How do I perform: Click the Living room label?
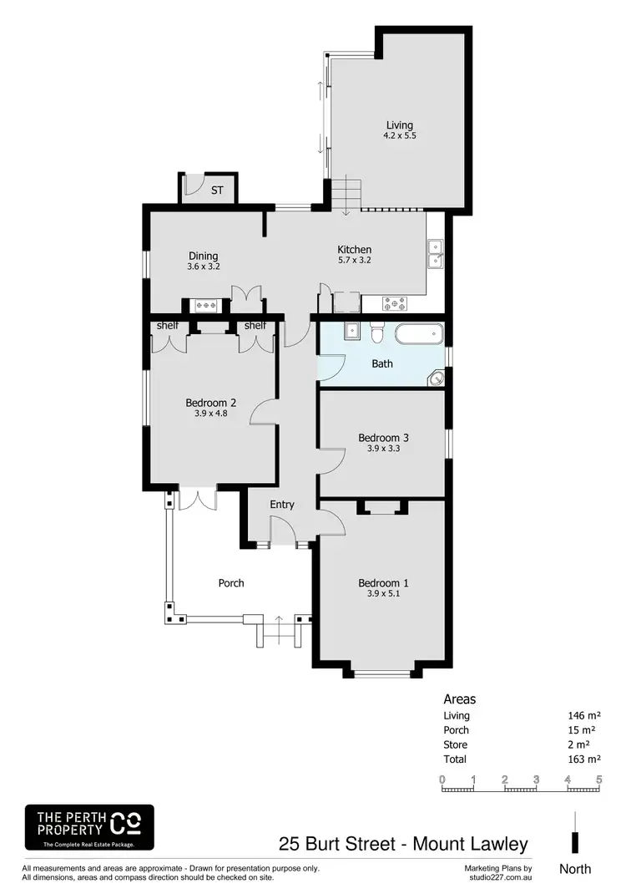398,125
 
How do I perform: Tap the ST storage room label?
217,191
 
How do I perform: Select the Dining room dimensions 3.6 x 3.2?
203,267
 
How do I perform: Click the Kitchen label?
354,249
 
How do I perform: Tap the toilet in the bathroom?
376,334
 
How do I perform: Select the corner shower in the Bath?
436,378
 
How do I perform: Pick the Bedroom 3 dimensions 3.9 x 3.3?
382,449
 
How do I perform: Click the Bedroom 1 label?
382,582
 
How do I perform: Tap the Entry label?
282,504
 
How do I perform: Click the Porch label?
231,582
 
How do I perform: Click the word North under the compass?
575,868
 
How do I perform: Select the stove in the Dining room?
206,306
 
